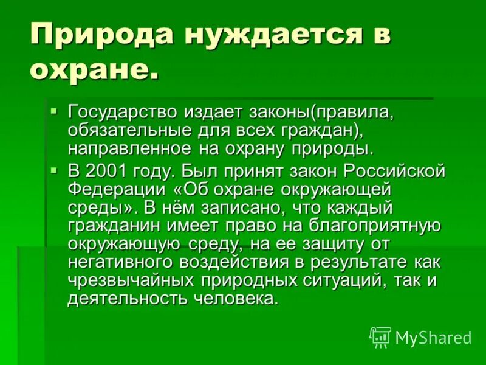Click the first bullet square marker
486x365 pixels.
[54, 111]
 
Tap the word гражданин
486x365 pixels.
[112, 226]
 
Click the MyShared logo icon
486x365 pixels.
[380, 336]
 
